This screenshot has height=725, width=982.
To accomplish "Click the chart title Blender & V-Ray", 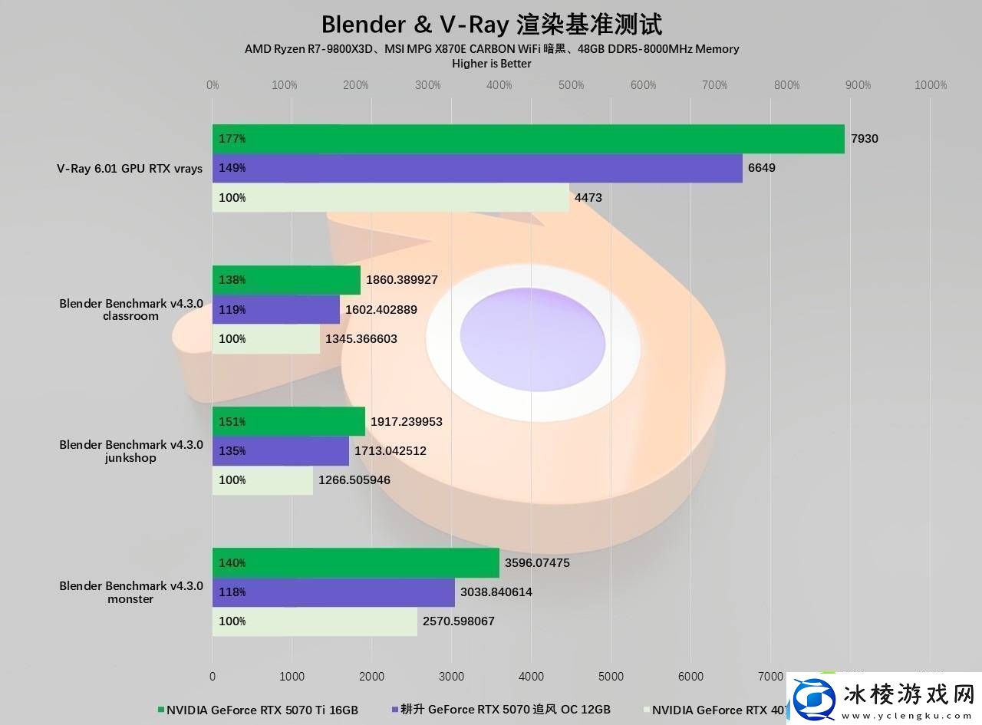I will click(491, 24).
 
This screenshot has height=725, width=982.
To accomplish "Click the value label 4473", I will click(588, 197).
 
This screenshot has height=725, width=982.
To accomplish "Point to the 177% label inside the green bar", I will click(232, 139).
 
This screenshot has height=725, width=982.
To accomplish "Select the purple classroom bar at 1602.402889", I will click(276, 309).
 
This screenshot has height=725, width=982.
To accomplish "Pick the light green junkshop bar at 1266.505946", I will click(262, 480).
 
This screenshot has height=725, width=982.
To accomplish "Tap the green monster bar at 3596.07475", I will click(355, 562).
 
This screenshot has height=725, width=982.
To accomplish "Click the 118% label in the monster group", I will click(232, 592).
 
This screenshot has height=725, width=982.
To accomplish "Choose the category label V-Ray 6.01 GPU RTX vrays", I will click(130, 168).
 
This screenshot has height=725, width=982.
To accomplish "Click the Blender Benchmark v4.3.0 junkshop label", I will click(130, 451).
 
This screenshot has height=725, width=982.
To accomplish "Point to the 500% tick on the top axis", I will click(571, 85).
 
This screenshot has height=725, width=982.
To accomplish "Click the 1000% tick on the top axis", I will click(931, 85).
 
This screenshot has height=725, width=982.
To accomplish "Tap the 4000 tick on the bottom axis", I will click(531, 677).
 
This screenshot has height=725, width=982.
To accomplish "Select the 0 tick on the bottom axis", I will click(213, 677).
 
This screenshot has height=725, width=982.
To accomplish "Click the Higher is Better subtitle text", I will click(492, 64).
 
